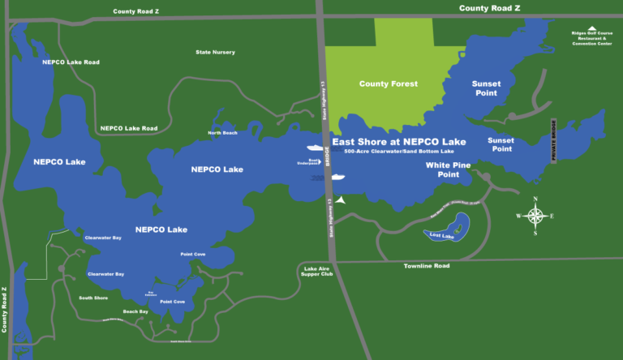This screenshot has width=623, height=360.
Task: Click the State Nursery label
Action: (x=215, y=53)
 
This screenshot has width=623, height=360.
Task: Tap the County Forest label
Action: (x=389, y=84)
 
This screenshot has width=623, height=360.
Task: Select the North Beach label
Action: (x=223, y=133)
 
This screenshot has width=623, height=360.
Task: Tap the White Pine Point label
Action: (x=448, y=169)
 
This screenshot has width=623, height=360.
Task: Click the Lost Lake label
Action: (x=443, y=235)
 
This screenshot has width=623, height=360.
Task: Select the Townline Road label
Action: (x=427, y=266)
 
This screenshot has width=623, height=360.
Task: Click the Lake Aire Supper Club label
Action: (x=318, y=271)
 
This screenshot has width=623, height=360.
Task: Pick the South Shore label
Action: (x=93, y=298)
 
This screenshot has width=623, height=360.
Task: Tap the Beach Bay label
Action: (x=135, y=311)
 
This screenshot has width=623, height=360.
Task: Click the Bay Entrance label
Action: (x=151, y=294)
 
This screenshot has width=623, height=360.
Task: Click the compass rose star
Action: (x=535, y=216)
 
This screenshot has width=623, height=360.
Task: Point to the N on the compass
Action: (x=535, y=199)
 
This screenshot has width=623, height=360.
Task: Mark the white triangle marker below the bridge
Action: (x=342, y=199)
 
